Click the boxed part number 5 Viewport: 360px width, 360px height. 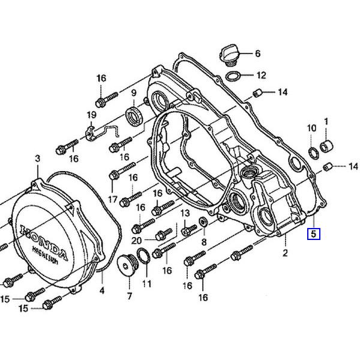(x=314, y=234)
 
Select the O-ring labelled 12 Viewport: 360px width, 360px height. (x=233, y=76)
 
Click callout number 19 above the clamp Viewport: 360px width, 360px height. (x=91, y=115)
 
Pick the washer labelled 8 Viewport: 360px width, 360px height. (x=203, y=222)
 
